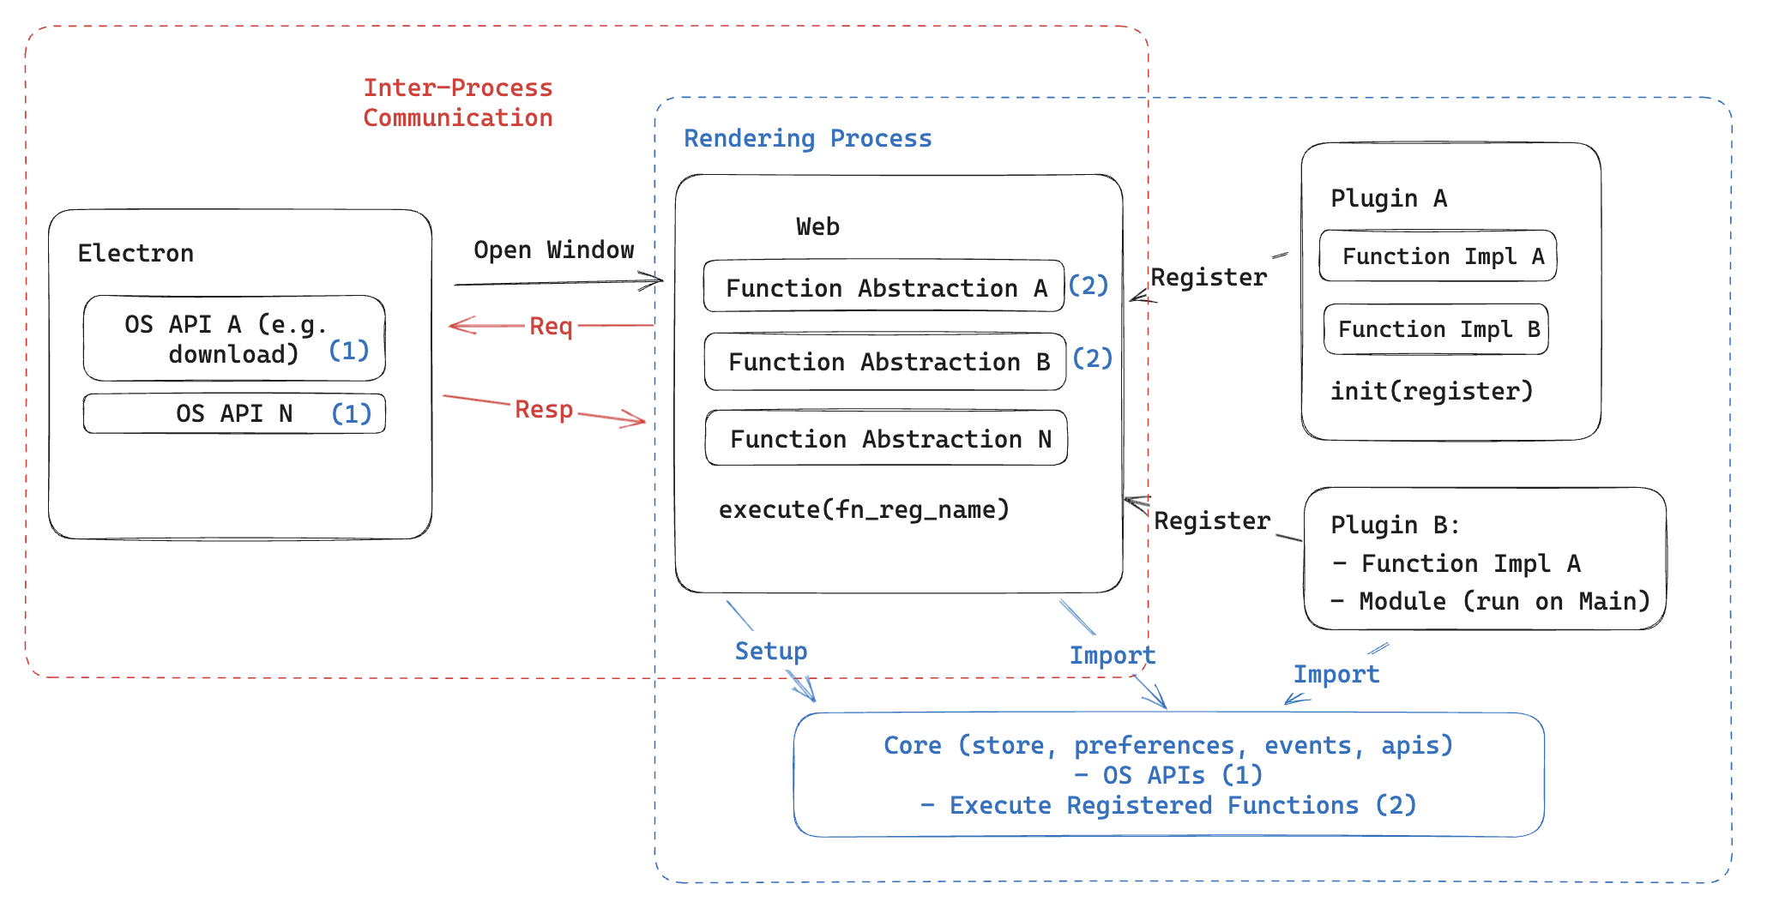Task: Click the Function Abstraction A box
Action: tap(883, 286)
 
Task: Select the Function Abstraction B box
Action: tap(884, 361)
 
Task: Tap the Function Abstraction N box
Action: tap(886, 438)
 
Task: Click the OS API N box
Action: tap(233, 413)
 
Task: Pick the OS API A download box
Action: tap(233, 338)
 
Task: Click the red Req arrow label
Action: tap(550, 326)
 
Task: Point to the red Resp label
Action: tap(543, 409)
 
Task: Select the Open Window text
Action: tap(553, 250)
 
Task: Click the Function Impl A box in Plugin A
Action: tap(1438, 256)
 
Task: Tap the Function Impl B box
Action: tap(1436, 328)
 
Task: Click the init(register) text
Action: tap(1431, 391)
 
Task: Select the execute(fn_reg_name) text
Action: tap(863, 509)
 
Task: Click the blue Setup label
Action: tap(770, 651)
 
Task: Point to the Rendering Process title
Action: tap(807, 138)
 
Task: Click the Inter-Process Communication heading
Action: tap(457, 102)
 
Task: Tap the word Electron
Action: tap(136, 253)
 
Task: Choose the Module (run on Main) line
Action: tap(1490, 601)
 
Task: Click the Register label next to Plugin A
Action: tap(1208, 277)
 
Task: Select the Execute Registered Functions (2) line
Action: tap(1167, 805)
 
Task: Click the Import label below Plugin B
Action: tap(1336, 674)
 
